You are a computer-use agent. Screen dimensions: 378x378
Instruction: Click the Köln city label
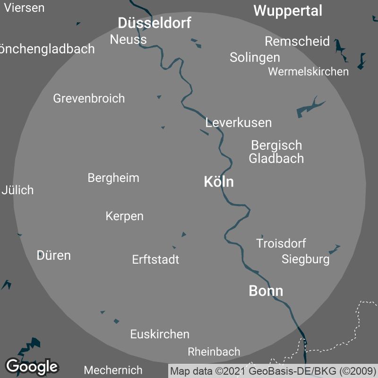219,182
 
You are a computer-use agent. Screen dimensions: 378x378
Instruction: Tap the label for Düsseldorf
155,23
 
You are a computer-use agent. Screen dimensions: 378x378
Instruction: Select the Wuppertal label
288,11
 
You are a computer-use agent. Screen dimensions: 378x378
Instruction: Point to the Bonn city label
266,291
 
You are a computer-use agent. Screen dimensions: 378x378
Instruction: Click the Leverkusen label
239,123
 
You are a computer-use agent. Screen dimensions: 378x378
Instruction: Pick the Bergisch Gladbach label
276,152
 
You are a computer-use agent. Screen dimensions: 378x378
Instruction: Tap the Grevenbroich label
89,98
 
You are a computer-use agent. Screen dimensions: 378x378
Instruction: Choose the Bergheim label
113,178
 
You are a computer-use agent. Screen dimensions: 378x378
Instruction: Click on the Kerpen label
124,216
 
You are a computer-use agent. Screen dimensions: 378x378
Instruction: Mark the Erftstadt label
155,259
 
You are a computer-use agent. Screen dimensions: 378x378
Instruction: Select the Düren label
54,256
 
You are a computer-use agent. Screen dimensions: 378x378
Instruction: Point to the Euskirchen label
160,334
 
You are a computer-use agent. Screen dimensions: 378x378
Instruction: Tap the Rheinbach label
214,352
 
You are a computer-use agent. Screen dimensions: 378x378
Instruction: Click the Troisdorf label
281,244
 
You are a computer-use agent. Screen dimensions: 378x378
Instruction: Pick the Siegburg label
306,259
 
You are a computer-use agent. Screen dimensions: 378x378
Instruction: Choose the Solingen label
255,58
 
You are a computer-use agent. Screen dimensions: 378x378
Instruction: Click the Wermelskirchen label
308,72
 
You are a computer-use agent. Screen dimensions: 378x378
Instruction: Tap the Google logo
32,366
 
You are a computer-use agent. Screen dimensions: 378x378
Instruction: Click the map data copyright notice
273,371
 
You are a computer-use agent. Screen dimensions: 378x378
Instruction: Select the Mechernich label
113,370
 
